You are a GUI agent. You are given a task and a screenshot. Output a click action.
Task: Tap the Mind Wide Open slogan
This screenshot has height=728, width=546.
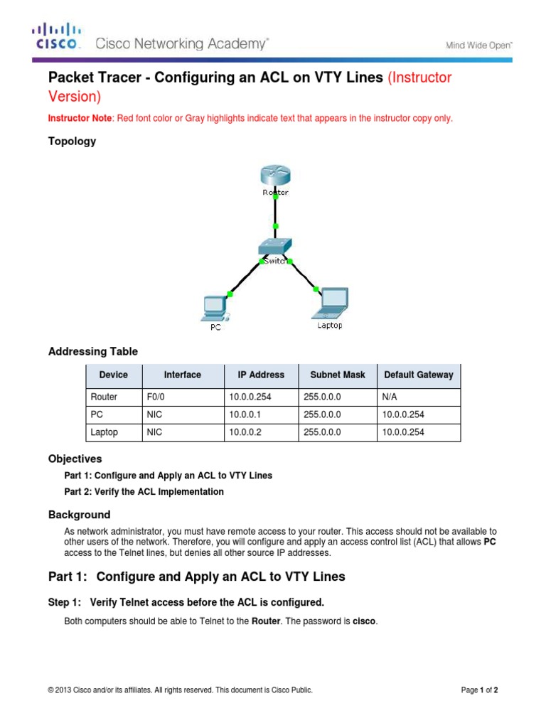pyautogui.click(x=478, y=45)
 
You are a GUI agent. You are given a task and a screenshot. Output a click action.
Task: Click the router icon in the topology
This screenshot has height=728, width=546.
pyautogui.click(x=275, y=176)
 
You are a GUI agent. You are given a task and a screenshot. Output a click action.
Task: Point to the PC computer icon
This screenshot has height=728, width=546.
pyautogui.click(x=214, y=307)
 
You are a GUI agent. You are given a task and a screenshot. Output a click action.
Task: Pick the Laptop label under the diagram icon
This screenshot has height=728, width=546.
pyautogui.click(x=329, y=326)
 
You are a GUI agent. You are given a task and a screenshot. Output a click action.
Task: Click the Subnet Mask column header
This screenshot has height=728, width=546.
pyautogui.click(x=338, y=375)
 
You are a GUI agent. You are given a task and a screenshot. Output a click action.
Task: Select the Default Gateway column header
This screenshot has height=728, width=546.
pyautogui.click(x=418, y=375)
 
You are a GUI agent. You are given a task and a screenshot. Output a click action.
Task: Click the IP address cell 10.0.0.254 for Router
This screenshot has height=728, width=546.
pyautogui.click(x=250, y=397)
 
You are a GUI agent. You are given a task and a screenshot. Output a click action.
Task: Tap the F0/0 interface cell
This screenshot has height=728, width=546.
pyautogui.click(x=156, y=397)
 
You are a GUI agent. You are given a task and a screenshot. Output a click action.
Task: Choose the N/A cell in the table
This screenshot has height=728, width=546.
pyautogui.click(x=391, y=397)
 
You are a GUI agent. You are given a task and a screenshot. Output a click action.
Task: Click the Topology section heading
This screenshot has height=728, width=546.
pyautogui.click(x=72, y=141)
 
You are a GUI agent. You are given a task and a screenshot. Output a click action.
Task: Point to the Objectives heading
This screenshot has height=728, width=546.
pyautogui.click(x=75, y=459)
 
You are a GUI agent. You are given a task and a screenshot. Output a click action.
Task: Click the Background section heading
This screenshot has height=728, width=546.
pyautogui.click(x=79, y=514)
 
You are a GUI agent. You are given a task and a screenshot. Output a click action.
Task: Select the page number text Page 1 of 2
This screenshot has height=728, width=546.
pyautogui.click(x=480, y=690)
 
